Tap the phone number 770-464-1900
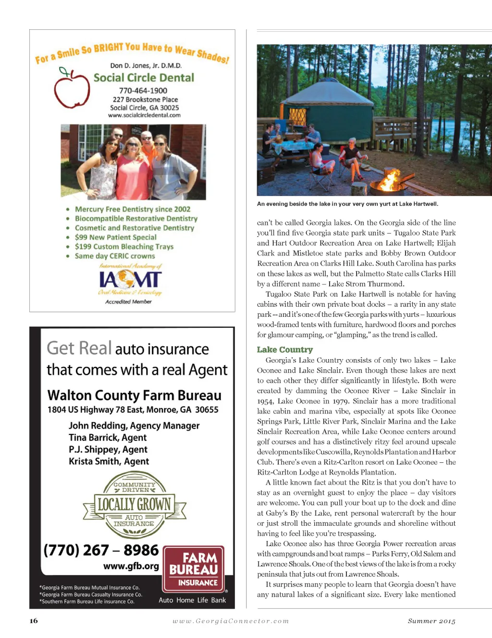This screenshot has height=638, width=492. (143, 91)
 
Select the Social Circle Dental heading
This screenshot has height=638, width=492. (144, 78)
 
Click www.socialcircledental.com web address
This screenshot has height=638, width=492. (144, 115)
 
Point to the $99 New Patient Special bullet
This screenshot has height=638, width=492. (115, 237)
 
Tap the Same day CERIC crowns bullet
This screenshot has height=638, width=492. (114, 256)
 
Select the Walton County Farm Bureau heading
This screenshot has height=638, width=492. (134, 396)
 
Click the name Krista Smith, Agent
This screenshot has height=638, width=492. (109, 461)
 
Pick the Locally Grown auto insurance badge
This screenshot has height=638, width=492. (135, 505)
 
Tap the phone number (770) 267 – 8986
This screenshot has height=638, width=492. (101, 550)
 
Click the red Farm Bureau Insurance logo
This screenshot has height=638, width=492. (194, 569)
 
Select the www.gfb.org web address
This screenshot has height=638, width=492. (131, 566)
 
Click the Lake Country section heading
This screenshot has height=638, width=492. (284, 349)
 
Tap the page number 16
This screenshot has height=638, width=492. (34, 621)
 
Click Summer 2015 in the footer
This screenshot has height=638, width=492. (431, 621)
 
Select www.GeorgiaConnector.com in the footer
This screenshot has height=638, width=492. (231, 621)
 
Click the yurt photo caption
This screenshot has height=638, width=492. (347, 204)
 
